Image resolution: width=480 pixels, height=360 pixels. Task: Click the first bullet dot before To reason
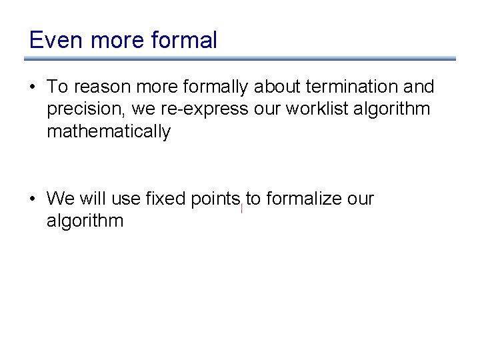click(x=32, y=87)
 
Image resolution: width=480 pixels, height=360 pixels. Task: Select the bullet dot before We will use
click(x=32, y=199)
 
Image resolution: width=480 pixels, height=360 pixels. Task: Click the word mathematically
click(x=108, y=132)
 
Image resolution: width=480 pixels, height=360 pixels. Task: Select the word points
click(x=215, y=199)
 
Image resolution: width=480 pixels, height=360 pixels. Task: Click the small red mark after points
click(x=242, y=209)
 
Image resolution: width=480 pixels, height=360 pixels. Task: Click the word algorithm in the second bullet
click(x=85, y=221)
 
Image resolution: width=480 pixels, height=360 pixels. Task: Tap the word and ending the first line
click(x=419, y=87)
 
